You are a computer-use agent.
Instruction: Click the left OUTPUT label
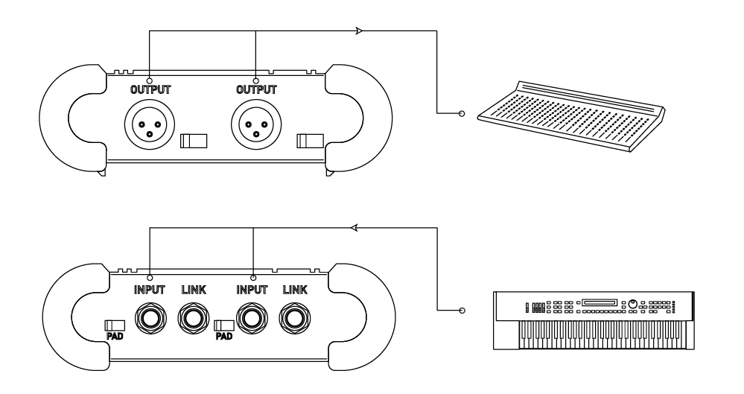(x=150, y=89)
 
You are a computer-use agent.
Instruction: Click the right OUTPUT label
(x=256, y=89)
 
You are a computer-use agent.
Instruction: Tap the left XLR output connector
(x=150, y=124)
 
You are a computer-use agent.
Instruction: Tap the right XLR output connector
(x=256, y=124)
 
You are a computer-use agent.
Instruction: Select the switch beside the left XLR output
(x=194, y=141)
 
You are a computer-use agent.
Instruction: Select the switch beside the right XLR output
(x=311, y=141)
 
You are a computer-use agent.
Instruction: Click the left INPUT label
(x=150, y=290)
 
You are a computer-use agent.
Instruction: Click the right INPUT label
(x=252, y=290)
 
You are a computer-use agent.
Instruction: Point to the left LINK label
(x=194, y=290)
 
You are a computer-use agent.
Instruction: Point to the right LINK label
(x=295, y=290)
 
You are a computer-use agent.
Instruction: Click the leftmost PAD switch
(x=115, y=325)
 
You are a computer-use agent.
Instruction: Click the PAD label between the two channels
(x=224, y=336)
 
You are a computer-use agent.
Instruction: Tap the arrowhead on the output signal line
(x=359, y=31)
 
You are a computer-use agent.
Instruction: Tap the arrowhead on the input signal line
(x=354, y=228)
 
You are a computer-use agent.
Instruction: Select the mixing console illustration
(x=571, y=116)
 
